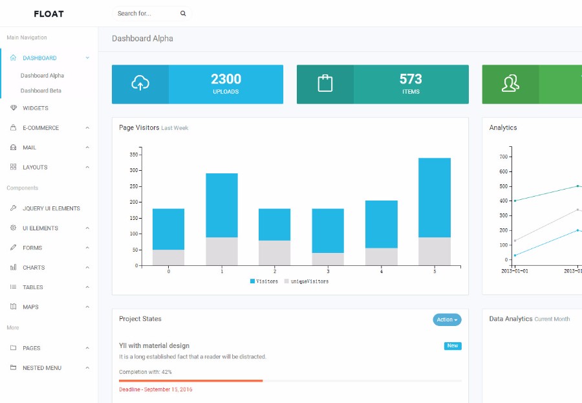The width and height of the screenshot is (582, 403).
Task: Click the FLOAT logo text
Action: pyautogui.click(x=48, y=14)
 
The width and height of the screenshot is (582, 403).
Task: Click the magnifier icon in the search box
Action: pyautogui.click(x=183, y=14)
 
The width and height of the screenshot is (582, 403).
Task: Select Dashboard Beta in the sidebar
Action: pyautogui.click(x=41, y=91)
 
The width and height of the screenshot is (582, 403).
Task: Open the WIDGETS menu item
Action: pyautogui.click(x=36, y=108)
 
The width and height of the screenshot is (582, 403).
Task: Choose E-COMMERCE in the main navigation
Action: pyautogui.click(x=41, y=128)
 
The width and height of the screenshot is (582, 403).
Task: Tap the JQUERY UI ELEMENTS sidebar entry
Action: pyautogui.click(x=51, y=208)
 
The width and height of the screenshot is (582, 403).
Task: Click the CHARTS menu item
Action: pyautogui.click(x=34, y=268)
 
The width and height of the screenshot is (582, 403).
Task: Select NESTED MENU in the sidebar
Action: pyautogui.click(x=42, y=368)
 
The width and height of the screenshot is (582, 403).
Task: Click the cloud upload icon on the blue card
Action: pyautogui.click(x=140, y=83)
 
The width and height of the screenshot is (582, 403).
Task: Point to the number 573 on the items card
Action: pyautogui.click(x=411, y=79)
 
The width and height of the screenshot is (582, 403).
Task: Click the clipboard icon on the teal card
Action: pyautogui.click(x=325, y=83)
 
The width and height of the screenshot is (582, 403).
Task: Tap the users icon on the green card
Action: pyautogui.click(x=510, y=83)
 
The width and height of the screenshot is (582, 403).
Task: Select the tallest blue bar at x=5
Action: pyautogui.click(x=435, y=197)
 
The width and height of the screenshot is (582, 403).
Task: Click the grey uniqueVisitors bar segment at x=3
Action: pyautogui.click(x=328, y=259)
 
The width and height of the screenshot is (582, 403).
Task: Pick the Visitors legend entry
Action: pyautogui.click(x=264, y=281)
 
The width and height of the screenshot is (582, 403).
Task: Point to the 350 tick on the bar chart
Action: pyautogui.click(x=134, y=155)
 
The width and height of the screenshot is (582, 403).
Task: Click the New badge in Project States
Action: pyautogui.click(x=453, y=346)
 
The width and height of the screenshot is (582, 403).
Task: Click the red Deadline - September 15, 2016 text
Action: pyautogui.click(x=155, y=389)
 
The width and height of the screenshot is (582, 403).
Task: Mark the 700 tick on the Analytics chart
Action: pyautogui.click(x=504, y=157)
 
